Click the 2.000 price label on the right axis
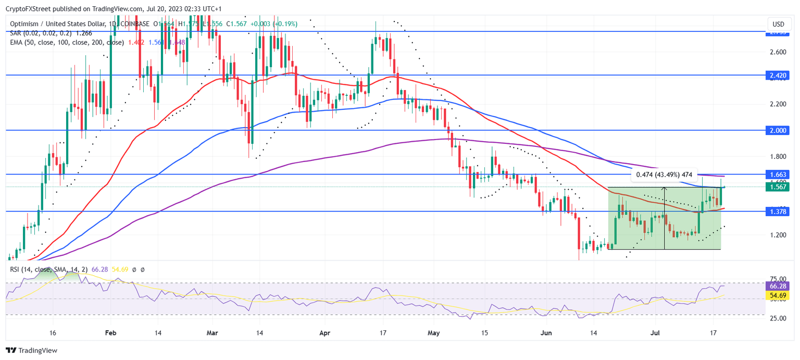coord(778,130)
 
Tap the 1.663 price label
coord(778,174)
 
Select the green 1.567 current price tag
coord(778,187)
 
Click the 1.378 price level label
coord(778,211)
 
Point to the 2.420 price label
coord(778,75)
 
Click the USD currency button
coord(778,24)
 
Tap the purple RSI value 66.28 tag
coord(778,285)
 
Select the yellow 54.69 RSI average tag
coord(778,295)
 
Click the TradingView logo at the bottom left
coord(32,351)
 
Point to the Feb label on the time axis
coord(109,332)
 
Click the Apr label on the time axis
coord(324,332)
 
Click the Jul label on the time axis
coord(656,332)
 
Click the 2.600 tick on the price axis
coord(778,52)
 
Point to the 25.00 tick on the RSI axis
coord(778,318)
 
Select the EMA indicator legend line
coord(68,42)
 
